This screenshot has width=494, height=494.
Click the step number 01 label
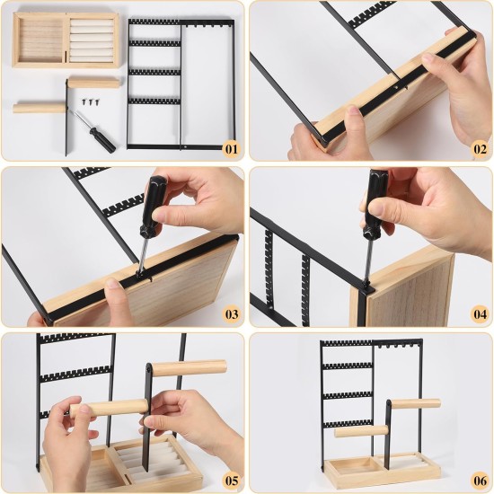[x=230, y=148]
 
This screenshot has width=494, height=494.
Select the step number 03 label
[x=230, y=314]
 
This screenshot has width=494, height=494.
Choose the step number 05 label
[x=230, y=481]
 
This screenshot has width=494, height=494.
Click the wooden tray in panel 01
[x=66, y=40]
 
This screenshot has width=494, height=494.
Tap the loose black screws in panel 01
[x=93, y=104]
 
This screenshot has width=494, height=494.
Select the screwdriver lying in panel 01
[x=93, y=129]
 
